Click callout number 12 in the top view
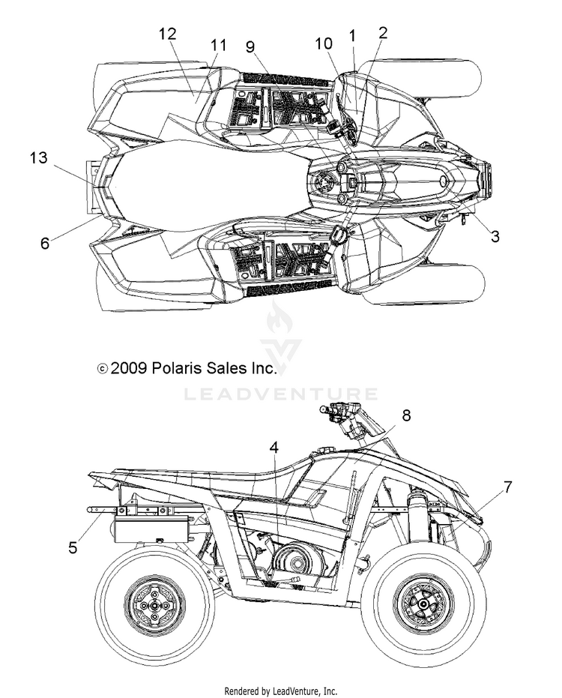point(168,34)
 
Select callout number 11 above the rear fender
point(219,45)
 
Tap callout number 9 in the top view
point(250,46)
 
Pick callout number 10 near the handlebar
point(324,43)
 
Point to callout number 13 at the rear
point(39,157)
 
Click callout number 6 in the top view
point(45,243)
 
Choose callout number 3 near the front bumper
point(495,236)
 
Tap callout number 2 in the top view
point(383,32)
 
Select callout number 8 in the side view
point(406,415)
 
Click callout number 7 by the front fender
point(507,487)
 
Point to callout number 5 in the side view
point(73,547)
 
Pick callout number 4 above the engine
point(274,448)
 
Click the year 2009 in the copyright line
point(129,368)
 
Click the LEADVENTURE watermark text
point(281,394)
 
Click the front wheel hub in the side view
point(423,604)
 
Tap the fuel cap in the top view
point(321,182)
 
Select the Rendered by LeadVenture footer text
point(281,691)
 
